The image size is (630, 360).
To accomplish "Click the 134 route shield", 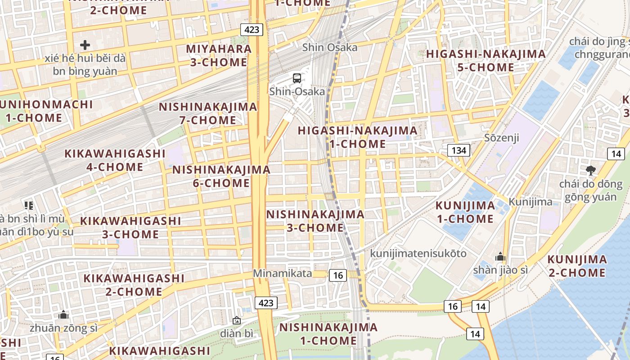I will point(459,150).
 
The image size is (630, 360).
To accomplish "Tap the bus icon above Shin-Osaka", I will point(297,78).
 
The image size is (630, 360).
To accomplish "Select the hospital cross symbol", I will point(85,45).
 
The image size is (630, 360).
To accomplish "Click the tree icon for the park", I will point(591,171).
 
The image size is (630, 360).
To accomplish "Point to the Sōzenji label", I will point(502,137).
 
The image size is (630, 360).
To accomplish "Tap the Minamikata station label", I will point(282,273).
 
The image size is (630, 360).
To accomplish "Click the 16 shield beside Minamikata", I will point(338,275).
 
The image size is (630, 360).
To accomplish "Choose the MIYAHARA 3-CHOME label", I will point(219,55).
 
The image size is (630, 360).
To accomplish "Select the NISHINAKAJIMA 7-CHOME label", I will point(208,113).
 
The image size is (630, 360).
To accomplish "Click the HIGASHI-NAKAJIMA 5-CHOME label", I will point(486,60).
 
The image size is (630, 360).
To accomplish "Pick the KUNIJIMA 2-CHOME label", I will point(577,266).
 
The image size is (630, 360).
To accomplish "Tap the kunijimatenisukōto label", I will point(418,253).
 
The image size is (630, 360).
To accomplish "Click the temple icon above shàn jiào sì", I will point(500,257).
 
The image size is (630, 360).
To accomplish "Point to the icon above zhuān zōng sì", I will point(63,315).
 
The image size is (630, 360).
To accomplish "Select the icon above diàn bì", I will point(237,320).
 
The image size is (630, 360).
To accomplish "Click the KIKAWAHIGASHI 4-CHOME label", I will point(115,160).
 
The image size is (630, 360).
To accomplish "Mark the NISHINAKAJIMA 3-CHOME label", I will point(315,220).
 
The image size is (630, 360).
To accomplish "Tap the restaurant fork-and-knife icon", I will point(29,206).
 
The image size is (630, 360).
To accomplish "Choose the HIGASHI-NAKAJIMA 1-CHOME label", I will point(357,137).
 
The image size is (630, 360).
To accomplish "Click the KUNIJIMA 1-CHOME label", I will point(465,212).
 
